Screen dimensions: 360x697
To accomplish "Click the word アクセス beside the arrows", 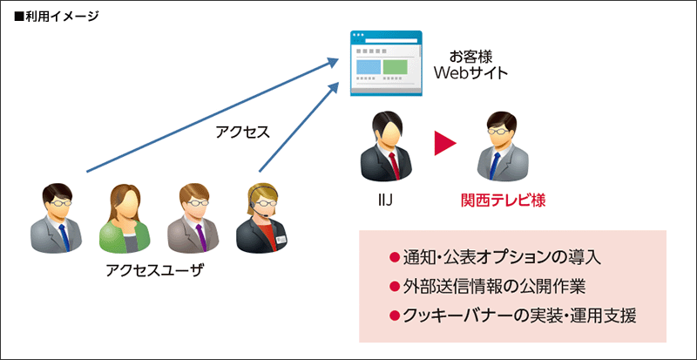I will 242,132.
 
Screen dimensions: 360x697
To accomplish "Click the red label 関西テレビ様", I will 503,201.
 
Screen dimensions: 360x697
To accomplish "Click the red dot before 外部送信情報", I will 395,286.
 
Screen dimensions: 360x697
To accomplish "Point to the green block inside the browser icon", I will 396,66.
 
